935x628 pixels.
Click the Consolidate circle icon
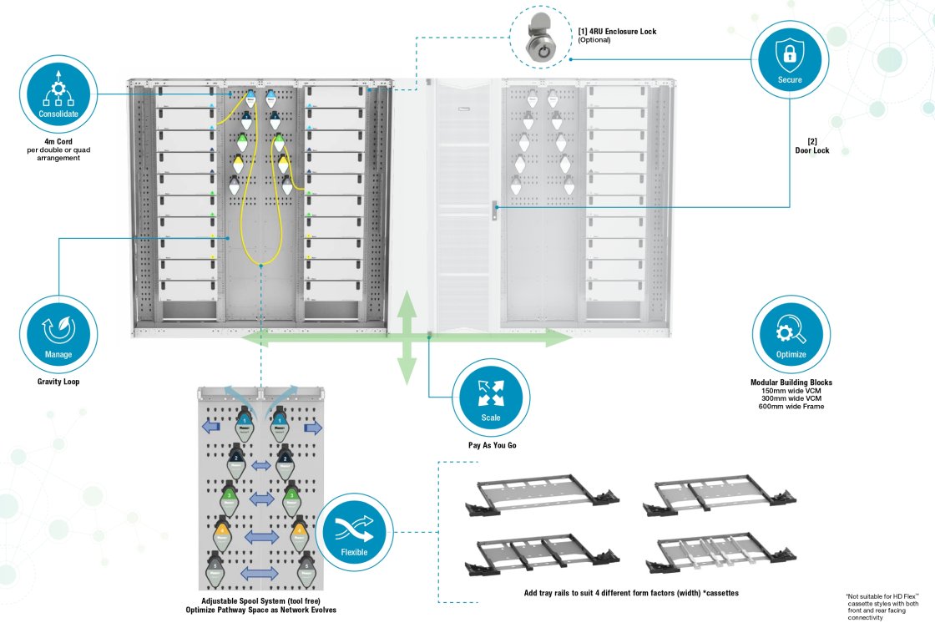click(x=58, y=94)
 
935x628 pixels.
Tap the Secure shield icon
click(x=789, y=57)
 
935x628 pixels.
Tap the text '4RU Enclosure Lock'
click(x=617, y=32)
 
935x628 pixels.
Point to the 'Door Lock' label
click(x=812, y=150)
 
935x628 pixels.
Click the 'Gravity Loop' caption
click(x=58, y=382)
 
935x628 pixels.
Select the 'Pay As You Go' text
click(x=492, y=445)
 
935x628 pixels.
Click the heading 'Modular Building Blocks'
click(x=791, y=382)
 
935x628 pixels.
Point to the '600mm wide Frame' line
click(x=791, y=407)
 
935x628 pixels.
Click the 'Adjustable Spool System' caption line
click(x=260, y=601)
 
